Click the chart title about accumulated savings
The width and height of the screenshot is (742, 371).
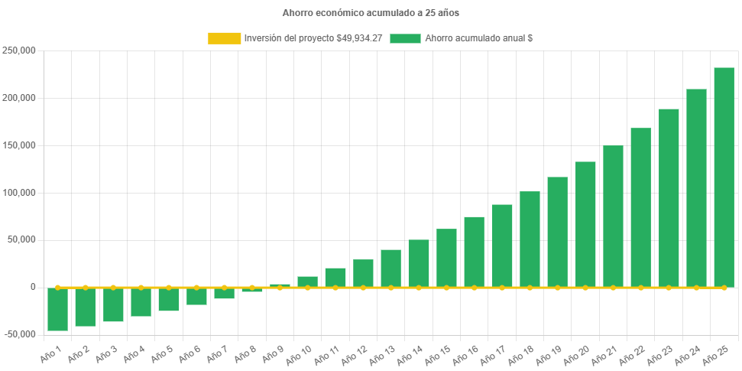point(371,13)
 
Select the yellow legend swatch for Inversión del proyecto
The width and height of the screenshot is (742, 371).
point(224,38)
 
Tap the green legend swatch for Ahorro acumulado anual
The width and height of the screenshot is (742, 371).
point(405,38)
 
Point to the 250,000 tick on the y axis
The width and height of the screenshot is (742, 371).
point(20,50)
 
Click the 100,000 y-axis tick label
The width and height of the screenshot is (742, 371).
point(20,193)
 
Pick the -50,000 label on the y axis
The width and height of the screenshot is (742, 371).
point(19,334)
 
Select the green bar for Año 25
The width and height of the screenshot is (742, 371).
point(724,177)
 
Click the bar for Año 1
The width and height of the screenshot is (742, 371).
point(58,309)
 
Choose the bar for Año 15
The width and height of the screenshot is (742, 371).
point(446,257)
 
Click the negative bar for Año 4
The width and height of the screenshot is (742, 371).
point(141,301)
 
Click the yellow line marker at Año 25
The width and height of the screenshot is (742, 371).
point(724,288)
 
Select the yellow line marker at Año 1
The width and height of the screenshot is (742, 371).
point(58,288)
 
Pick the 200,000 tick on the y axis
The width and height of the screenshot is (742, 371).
point(20,98)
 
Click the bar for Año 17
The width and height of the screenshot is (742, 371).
point(502,245)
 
